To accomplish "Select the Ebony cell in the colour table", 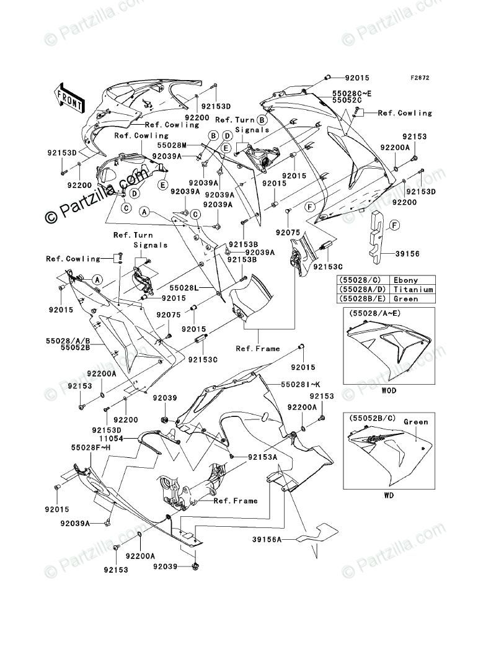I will pos(405,280).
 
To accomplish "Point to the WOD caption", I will pos(389,391).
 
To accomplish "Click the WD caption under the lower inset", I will pos(388,495).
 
